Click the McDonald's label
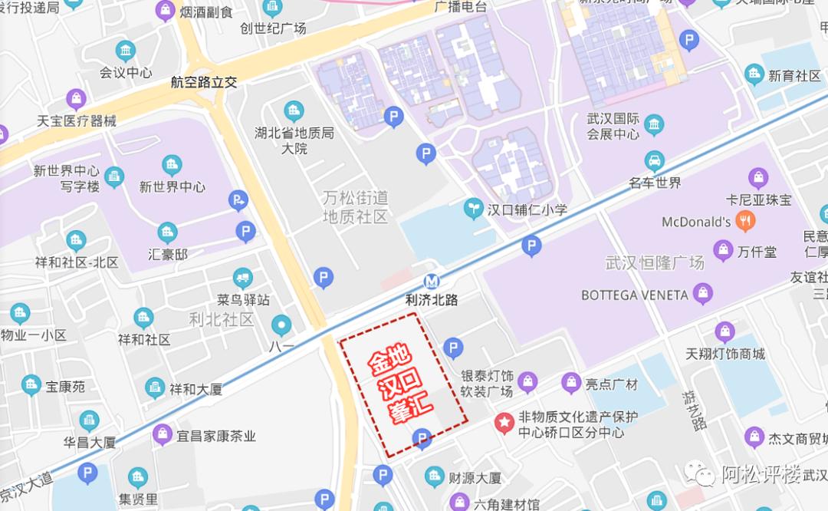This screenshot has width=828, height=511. point(696,223)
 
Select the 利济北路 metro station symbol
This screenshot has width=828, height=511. point(432,282)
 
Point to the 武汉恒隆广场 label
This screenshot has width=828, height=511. point(654,263)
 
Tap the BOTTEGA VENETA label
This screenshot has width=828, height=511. point(635,295)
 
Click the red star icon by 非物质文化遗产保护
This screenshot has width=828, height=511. point(504,421)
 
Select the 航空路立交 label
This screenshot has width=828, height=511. point(204,83)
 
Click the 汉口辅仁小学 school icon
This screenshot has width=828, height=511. point(474,208)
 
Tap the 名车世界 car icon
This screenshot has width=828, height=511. point(654,161)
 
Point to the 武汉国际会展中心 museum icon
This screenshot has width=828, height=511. point(654,125)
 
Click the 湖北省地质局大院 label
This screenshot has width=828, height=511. point(294,140)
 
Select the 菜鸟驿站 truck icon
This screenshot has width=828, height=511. point(242,279)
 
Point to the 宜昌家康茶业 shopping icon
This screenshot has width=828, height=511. point(162,435)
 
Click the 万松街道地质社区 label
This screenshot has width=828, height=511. point(356,208)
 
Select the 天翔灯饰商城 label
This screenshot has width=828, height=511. point(725,354)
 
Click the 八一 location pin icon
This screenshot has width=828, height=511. point(281,325)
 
